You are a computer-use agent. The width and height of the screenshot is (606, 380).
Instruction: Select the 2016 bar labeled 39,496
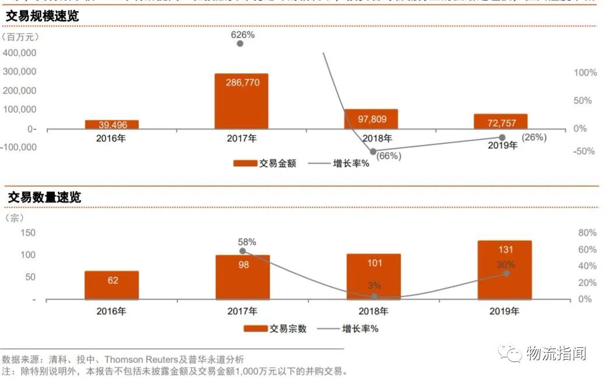(x=112, y=125)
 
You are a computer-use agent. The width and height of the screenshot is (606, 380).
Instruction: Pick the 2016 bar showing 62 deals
(x=112, y=285)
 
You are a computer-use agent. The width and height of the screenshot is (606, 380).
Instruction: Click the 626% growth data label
(x=243, y=35)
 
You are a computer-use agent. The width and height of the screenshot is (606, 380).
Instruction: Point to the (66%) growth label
(x=389, y=156)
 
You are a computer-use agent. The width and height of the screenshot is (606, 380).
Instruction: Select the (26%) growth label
(x=534, y=138)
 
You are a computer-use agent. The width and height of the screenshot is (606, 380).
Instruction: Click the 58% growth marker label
(x=246, y=242)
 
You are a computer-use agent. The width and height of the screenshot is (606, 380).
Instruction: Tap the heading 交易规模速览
(x=42, y=17)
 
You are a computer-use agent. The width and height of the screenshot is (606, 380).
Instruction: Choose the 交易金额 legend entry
(x=265, y=164)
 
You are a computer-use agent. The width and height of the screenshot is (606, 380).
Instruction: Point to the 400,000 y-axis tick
(x=20, y=53)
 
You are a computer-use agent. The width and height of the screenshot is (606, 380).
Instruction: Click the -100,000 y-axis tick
(x=19, y=147)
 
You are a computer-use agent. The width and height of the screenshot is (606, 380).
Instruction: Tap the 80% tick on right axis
(x=587, y=233)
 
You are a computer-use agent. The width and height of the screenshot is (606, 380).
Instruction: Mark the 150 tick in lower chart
(x=28, y=233)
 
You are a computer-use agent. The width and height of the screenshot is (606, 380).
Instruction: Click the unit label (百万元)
(x=22, y=37)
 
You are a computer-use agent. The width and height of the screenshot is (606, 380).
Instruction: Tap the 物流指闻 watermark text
(x=555, y=353)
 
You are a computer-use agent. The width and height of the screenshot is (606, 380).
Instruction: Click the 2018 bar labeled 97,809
(x=371, y=119)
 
